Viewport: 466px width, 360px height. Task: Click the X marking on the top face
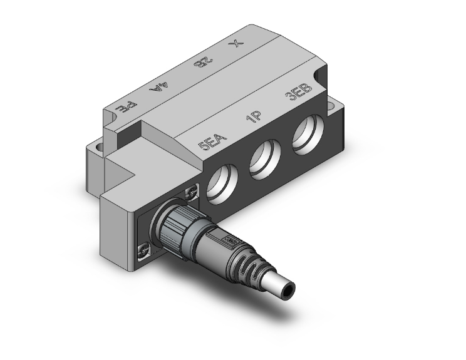[x=236, y=45]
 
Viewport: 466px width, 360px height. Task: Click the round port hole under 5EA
[x=220, y=185]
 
